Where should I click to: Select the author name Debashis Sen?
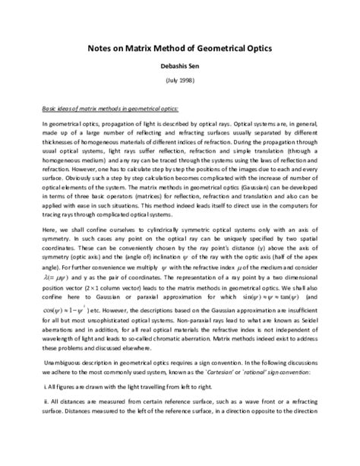[180, 65]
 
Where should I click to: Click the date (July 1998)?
[180, 81]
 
